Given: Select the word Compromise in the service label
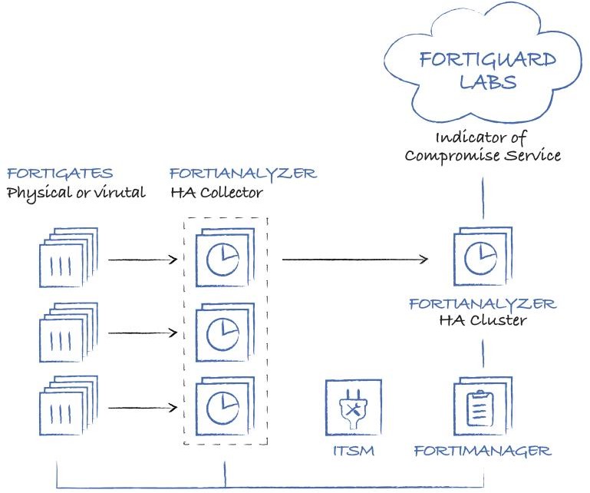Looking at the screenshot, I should (x=445, y=155).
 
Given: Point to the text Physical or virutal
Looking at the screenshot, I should (x=76, y=192).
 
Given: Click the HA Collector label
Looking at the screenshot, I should (x=216, y=192).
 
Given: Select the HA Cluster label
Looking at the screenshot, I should (x=482, y=320).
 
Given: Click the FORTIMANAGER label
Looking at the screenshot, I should (x=483, y=451).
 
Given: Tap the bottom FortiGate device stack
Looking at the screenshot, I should (x=68, y=404).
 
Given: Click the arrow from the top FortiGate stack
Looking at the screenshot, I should (x=143, y=260).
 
